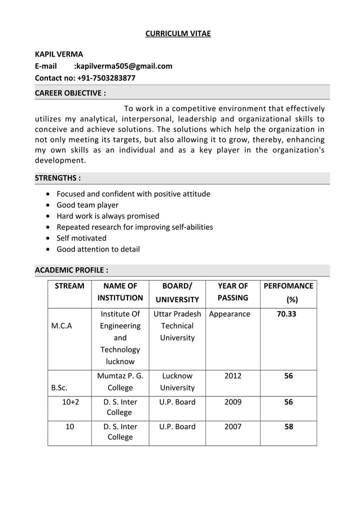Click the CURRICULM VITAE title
pyautogui.click(x=178, y=33)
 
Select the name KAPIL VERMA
pyautogui.click(x=59, y=54)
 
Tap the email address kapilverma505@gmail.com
pyautogui.click(x=124, y=66)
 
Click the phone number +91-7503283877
pyautogui.click(x=106, y=78)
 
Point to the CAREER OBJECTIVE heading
pyautogui.click(x=70, y=93)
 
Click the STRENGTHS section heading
pyautogui.click(x=58, y=178)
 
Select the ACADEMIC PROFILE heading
pyautogui.click(x=71, y=270)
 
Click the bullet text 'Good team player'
pyautogui.click(x=87, y=205)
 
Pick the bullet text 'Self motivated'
pyautogui.click(x=81, y=238)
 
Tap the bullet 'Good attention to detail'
pyautogui.click(x=98, y=249)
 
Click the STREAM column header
pyautogui.click(x=69, y=286)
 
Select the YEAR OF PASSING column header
pyautogui.click(x=232, y=292)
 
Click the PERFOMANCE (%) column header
pyautogui.click(x=288, y=292)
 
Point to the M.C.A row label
pyautogui.click(x=62, y=326)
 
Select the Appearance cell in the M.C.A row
pyautogui.click(x=230, y=314)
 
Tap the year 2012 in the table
pyautogui.click(x=232, y=376)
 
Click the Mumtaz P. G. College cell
pyautogui.click(x=120, y=382)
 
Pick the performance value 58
pyautogui.click(x=288, y=426)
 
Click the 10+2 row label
pyautogui.click(x=71, y=402)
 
